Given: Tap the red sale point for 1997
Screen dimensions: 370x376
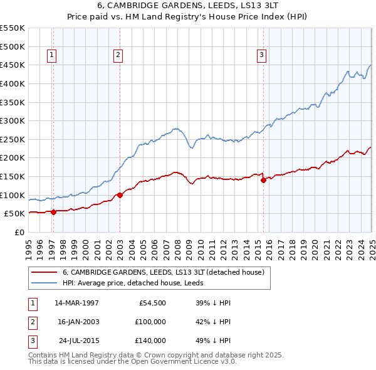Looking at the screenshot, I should click(x=53, y=212).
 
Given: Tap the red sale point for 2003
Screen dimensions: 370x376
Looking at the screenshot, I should click(x=120, y=195).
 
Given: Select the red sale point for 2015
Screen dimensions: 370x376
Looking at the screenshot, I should click(x=263, y=180).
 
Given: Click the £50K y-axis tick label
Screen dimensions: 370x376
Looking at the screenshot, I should click(x=14, y=214).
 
